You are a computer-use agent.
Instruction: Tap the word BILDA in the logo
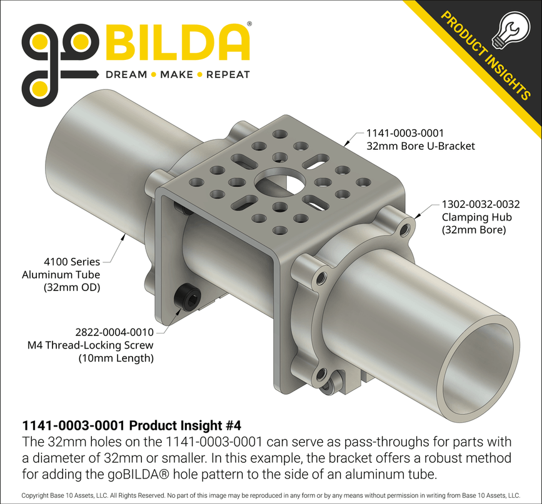176,42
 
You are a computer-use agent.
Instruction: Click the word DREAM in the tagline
126,75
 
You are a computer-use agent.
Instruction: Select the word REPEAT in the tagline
228,75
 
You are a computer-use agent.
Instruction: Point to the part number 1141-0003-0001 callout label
404,133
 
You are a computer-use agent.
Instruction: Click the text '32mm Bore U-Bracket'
420,146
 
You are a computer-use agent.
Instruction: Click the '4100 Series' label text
72,262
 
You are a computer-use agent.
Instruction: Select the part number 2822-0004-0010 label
114,332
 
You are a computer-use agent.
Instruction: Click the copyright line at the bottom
271,495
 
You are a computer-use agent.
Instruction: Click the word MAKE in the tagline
176,75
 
